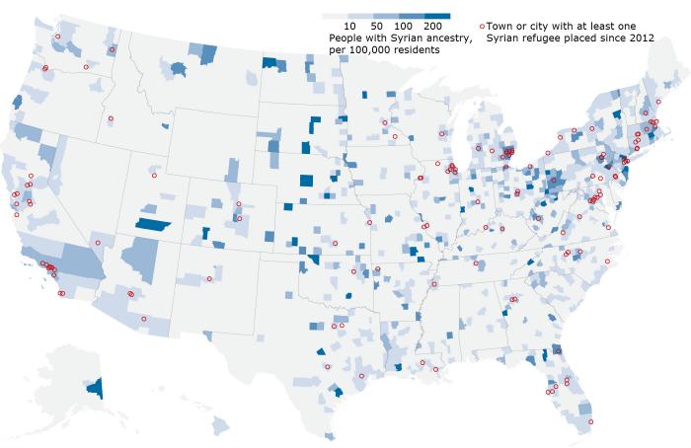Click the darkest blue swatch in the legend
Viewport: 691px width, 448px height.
(437, 15)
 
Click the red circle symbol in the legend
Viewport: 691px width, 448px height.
(482, 24)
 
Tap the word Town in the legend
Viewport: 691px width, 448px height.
(502, 24)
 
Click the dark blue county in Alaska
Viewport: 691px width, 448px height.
(95, 387)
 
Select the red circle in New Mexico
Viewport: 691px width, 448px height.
(209, 278)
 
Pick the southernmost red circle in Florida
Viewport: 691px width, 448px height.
(591, 423)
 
